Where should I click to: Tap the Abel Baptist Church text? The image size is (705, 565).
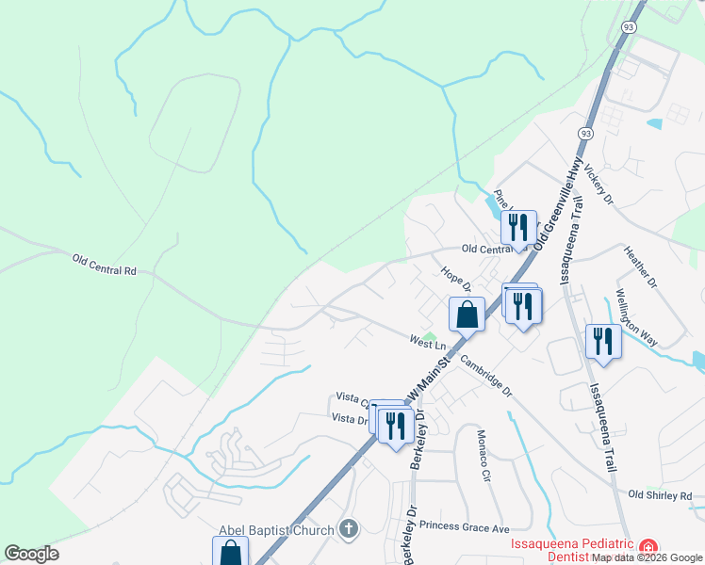[x=276, y=530]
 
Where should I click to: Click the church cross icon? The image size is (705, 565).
[x=349, y=529]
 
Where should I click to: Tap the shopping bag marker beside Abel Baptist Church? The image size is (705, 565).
[x=231, y=552]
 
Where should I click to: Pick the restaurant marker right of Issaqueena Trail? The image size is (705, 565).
[x=603, y=341]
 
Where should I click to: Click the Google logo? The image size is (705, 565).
[x=32, y=554]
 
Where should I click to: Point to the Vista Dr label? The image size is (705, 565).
[x=349, y=417]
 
